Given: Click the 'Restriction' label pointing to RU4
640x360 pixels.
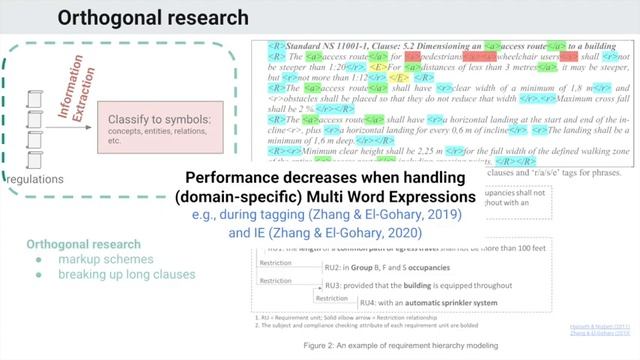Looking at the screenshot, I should pos(334,298).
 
